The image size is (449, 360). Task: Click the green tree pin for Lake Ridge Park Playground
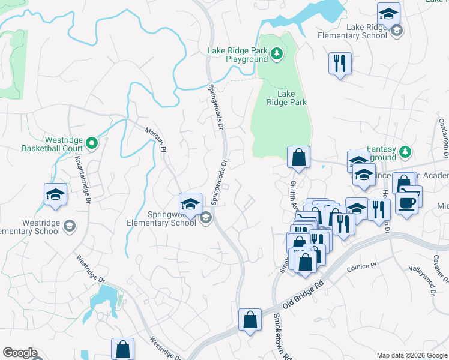point(276,55)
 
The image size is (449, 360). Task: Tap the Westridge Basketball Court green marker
point(91,143)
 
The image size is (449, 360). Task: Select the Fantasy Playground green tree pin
point(406,151)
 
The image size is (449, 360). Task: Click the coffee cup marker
point(406,204)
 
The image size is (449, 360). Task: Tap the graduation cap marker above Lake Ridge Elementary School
point(388,14)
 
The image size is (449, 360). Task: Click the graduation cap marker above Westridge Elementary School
point(55,195)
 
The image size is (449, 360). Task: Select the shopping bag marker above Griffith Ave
point(298,158)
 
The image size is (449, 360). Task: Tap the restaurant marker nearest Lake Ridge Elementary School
point(340,63)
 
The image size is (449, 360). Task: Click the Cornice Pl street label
point(361,265)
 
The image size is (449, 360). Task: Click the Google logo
point(20,353)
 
